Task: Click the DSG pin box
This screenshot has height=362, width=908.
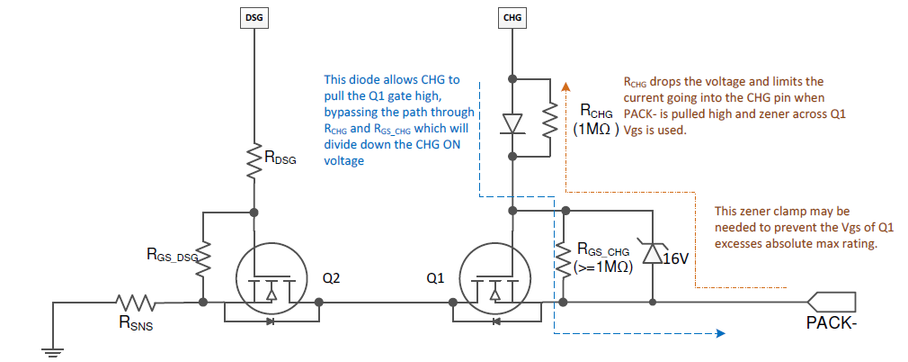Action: (255, 16)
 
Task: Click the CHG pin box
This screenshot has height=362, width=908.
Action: (512, 16)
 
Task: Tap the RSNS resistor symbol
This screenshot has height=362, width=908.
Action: (132, 303)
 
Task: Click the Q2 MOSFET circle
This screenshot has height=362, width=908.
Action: (271, 280)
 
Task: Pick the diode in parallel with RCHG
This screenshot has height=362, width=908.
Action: (512, 122)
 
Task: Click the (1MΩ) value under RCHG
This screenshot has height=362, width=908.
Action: (596, 129)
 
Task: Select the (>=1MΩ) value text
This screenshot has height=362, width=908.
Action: (605, 267)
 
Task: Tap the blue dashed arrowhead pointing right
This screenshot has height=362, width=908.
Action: (720, 334)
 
